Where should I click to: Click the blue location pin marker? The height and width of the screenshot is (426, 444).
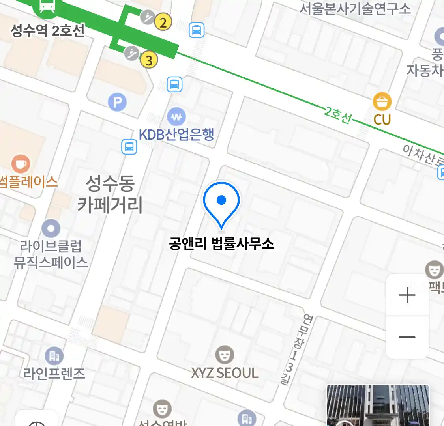[221, 202]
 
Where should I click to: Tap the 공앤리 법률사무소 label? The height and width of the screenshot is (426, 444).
[221, 243]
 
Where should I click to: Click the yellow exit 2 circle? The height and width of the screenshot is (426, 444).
[163, 22]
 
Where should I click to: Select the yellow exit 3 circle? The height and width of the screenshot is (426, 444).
[149, 60]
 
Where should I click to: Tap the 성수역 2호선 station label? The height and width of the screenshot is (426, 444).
[48, 30]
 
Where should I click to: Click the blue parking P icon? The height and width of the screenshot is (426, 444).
[117, 103]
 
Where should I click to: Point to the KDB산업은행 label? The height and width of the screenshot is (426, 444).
[176, 135]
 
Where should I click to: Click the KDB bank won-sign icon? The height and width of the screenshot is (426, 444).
[176, 117]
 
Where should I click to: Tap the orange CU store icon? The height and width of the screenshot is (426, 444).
[382, 102]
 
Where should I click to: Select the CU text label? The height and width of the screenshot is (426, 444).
[382, 120]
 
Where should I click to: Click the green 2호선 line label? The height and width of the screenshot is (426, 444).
[338, 115]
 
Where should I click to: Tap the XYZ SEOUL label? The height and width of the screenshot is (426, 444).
[225, 373]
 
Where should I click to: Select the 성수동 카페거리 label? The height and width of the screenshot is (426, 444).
[110, 194]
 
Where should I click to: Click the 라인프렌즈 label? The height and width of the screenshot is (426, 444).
[54, 373]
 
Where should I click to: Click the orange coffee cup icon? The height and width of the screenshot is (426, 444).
[21, 164]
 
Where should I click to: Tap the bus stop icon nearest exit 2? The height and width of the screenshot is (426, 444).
[197, 30]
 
